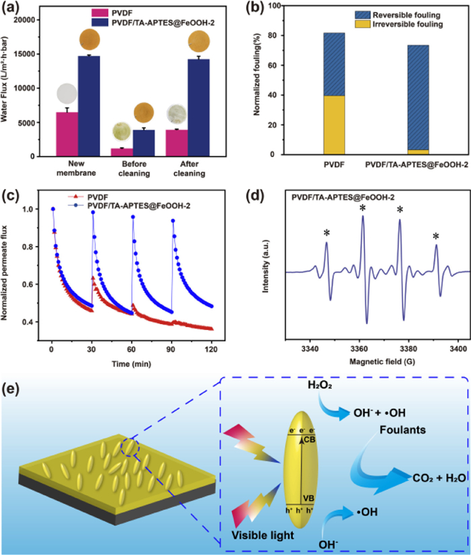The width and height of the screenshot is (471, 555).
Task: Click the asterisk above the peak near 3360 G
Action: pyautogui.click(x=363, y=208)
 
